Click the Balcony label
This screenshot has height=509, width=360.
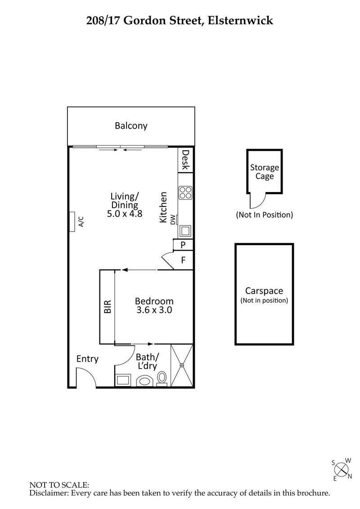(x=131, y=126)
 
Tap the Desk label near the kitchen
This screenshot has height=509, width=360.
(x=185, y=160)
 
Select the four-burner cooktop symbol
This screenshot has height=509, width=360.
(x=185, y=192)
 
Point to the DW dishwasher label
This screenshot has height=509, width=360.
(x=173, y=219)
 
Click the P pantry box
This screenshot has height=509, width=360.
(x=184, y=245)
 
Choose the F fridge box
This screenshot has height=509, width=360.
(x=184, y=260)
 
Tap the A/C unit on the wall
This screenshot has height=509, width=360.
(x=72, y=221)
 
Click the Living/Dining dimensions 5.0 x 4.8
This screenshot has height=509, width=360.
(x=125, y=214)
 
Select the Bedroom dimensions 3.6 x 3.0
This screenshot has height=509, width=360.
(x=154, y=310)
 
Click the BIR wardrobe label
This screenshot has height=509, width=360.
(x=108, y=307)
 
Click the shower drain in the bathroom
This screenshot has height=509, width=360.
(x=182, y=366)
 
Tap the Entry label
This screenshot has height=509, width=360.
(x=87, y=359)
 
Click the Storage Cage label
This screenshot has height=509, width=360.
(x=265, y=172)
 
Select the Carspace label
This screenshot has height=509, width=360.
(x=264, y=291)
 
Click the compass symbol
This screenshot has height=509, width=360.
(x=342, y=469)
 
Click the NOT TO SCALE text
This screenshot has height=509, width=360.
(x=59, y=485)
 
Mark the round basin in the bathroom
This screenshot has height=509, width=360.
(x=144, y=381)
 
